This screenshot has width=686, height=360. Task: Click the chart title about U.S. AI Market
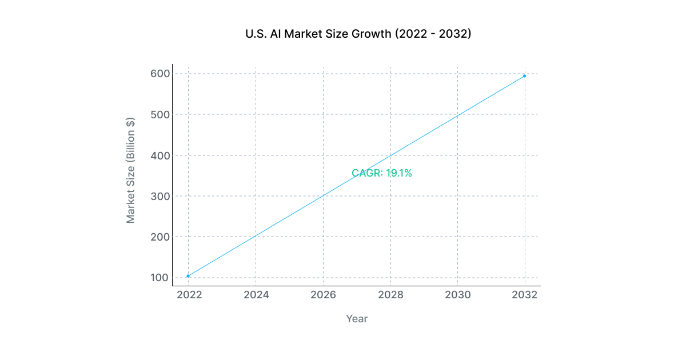coord(358,34)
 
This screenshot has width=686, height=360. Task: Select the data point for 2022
coord(188,276)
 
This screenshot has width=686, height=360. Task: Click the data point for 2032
coord(524,76)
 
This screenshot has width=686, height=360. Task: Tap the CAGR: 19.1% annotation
coord(382,173)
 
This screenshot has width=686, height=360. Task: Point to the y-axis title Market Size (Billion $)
coord(131,170)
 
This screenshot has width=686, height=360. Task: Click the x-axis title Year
coord(357,319)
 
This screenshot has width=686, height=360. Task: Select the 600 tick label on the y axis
coord(160,74)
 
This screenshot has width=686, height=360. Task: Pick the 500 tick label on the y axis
coord(160,114)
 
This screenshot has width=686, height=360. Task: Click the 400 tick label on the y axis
coord(160,155)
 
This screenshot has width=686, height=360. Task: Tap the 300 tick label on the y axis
coord(160,196)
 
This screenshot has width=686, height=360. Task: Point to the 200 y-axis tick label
coord(160,237)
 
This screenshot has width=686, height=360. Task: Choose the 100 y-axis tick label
coord(160,278)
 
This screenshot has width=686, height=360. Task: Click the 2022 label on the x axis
coord(188,295)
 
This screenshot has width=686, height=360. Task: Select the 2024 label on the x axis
coord(256,295)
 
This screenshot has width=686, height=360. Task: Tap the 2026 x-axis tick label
coord(323,295)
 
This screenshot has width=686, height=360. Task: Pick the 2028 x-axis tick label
coord(390,295)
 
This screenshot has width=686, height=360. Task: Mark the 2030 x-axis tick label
coord(457,295)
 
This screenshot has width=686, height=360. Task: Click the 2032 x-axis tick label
coord(524,295)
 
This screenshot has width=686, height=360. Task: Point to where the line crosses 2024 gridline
coord(256,236)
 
